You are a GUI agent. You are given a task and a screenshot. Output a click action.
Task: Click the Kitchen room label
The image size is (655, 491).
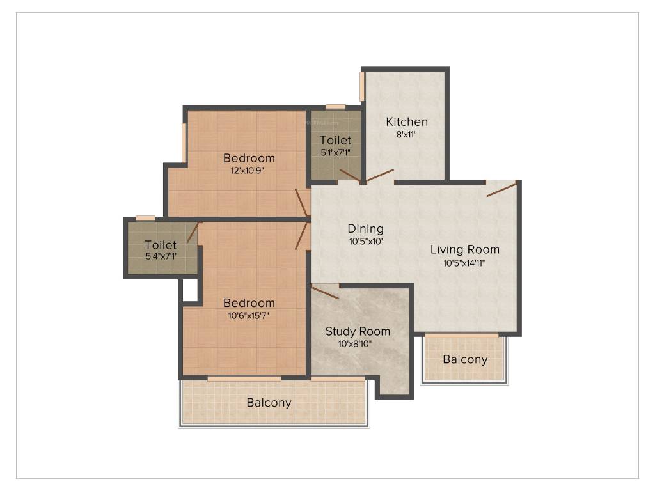(x=407, y=122)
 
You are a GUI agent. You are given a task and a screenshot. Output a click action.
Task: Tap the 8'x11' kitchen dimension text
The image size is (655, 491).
(x=406, y=134)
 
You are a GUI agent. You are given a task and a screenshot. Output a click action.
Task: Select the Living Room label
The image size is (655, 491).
(x=465, y=250)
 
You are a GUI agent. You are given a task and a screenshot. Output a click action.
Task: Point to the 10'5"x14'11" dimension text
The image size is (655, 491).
(x=464, y=263)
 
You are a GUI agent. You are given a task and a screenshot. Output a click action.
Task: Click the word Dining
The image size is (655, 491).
(x=365, y=229)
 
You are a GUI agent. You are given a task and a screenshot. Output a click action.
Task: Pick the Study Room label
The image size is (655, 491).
(x=358, y=332)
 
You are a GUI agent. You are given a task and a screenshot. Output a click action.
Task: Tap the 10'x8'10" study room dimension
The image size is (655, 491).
(x=355, y=344)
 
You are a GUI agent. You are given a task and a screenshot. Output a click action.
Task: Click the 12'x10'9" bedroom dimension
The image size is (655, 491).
(x=248, y=170)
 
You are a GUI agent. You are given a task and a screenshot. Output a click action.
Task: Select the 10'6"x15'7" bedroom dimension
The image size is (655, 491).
(x=249, y=315)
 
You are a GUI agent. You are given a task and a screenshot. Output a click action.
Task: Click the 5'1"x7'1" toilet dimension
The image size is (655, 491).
(x=335, y=152)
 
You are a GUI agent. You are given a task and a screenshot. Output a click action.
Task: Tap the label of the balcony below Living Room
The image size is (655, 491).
(x=466, y=359)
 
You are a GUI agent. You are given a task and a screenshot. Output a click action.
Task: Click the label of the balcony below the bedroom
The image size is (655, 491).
(x=269, y=403)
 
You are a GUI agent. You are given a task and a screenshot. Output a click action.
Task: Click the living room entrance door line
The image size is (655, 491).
(x=501, y=189)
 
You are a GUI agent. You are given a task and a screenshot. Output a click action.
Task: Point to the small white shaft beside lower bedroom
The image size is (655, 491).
(x=190, y=290)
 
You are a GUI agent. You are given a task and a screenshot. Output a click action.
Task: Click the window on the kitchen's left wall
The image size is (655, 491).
(x=362, y=86)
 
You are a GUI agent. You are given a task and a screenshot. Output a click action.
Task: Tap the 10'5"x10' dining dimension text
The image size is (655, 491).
(x=366, y=241)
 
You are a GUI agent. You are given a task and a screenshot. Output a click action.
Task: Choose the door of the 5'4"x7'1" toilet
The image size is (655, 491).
(x=192, y=233)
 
